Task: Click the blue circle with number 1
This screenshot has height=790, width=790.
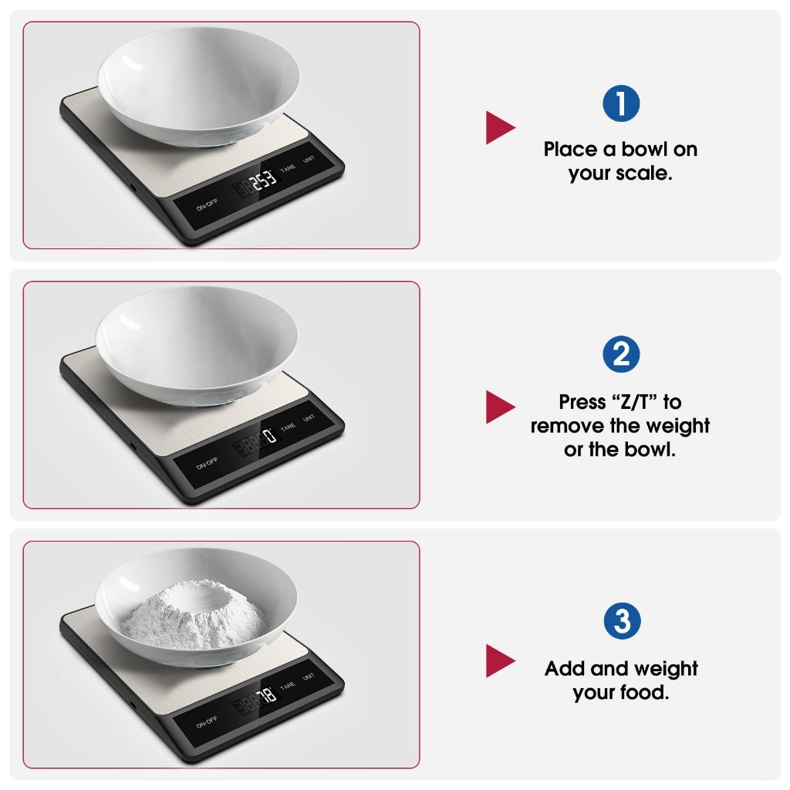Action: click(x=621, y=103)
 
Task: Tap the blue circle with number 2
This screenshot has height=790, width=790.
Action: click(x=621, y=354)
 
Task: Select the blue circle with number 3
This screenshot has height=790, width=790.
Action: click(x=622, y=621)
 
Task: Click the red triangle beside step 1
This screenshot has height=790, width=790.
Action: click(x=500, y=127)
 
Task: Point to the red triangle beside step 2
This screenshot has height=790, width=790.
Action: click(x=500, y=407)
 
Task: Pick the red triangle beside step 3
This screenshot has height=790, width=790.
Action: click(x=500, y=660)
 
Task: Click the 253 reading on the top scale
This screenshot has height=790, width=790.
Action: click(x=264, y=180)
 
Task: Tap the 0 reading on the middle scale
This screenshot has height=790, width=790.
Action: click(x=271, y=435)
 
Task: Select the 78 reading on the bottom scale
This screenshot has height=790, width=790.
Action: click(x=266, y=696)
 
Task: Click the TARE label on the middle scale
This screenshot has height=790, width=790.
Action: click(x=288, y=427)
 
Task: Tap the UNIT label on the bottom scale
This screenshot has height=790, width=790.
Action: click(x=309, y=677)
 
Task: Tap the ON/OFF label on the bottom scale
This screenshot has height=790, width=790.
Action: click(x=207, y=722)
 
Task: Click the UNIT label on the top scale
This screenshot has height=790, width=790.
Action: click(x=309, y=160)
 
